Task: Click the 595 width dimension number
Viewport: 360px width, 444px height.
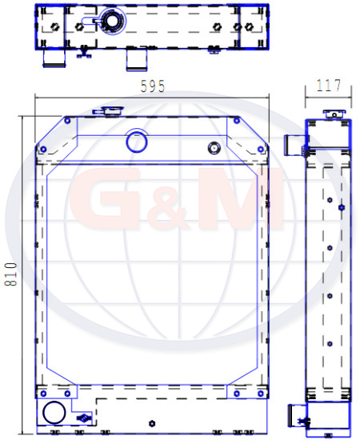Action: (153, 86)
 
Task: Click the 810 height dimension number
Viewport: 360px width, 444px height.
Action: (10, 274)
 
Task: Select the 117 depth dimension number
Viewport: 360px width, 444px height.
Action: (329, 86)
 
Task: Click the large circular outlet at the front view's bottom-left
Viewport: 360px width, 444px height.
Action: (54, 412)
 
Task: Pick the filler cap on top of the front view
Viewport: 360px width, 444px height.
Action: (110, 110)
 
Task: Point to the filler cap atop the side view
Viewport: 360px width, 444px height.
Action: (334, 114)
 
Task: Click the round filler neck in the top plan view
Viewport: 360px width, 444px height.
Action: (112, 21)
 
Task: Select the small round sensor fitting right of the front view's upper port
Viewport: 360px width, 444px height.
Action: (214, 148)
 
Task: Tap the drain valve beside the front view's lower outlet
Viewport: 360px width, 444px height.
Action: (84, 418)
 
